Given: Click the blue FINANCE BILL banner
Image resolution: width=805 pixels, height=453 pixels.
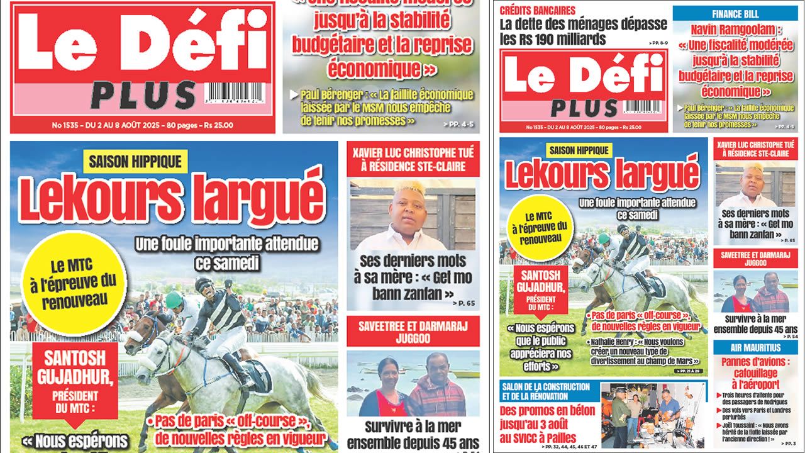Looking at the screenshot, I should coord(735,14).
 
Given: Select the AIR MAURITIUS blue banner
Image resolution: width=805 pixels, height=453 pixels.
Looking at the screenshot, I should coord(755,348).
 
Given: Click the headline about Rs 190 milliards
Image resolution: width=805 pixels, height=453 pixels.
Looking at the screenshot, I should coord(583,31).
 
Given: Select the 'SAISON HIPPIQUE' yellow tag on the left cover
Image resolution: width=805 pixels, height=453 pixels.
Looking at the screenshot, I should coord(135,161).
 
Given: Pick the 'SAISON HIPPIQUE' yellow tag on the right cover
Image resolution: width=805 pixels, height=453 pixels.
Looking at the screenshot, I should coord(579,150).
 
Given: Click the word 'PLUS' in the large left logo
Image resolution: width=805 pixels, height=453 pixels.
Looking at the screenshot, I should coord(143,96).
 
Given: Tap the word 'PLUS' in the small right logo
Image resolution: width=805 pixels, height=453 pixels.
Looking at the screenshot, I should coord(584,108).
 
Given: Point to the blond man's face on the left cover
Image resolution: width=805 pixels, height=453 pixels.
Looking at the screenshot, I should coord(410,207).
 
